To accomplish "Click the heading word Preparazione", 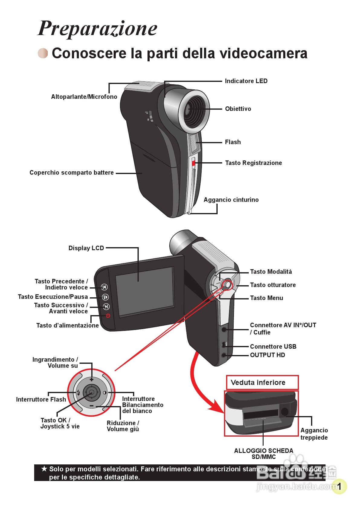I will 97,28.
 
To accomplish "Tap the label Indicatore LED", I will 246,81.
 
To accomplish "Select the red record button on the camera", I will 193,163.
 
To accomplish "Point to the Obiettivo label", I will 238,109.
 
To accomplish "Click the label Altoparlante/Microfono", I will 84,97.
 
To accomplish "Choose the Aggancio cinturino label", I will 231,200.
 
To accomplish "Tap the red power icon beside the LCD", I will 108,315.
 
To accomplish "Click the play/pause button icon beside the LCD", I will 105,297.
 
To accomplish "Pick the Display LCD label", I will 86,248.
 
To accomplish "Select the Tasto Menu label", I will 267,298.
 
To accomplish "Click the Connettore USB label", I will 273,347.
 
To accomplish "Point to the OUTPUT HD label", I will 268,355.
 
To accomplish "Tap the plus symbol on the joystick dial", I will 92,379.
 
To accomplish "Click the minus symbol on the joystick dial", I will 92,406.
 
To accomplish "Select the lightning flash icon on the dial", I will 78,392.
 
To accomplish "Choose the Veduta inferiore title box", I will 262,383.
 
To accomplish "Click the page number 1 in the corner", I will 339,486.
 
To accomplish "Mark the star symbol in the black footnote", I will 44,469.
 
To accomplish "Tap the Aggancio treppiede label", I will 314,434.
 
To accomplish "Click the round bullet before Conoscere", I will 43,53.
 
